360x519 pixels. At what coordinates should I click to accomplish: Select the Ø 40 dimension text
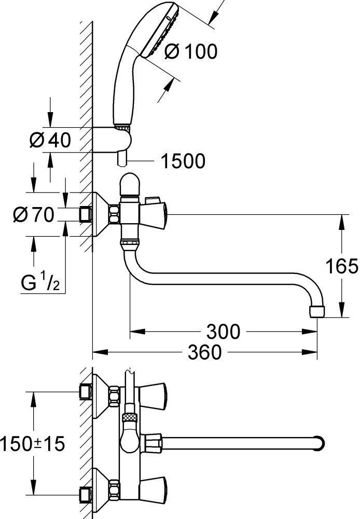click(x=50, y=140)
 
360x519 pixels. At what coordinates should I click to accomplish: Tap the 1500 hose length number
click(x=182, y=161)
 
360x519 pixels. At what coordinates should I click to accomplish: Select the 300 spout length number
click(x=223, y=331)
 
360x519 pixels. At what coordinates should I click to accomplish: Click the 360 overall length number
click(x=204, y=353)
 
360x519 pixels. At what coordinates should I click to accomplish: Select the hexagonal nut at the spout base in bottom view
click(x=154, y=443)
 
